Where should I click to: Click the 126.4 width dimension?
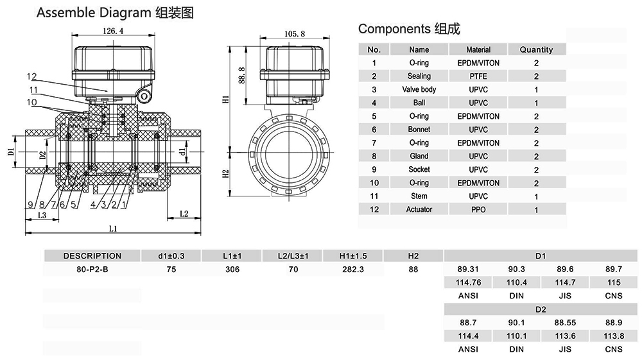tap(113, 30)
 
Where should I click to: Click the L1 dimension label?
tap(113, 228)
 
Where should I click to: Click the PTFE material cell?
tap(478, 76)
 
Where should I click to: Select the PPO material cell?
tap(478, 210)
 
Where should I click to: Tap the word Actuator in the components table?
tap(419, 210)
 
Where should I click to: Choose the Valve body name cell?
tap(419, 90)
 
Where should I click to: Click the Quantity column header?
tap(536, 49)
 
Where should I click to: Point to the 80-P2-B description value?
tap(92, 270)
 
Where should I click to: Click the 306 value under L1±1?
tap(232, 270)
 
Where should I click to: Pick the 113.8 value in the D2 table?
tap(614, 336)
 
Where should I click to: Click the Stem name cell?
tap(419, 196)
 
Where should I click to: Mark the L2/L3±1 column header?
tap(292, 256)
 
